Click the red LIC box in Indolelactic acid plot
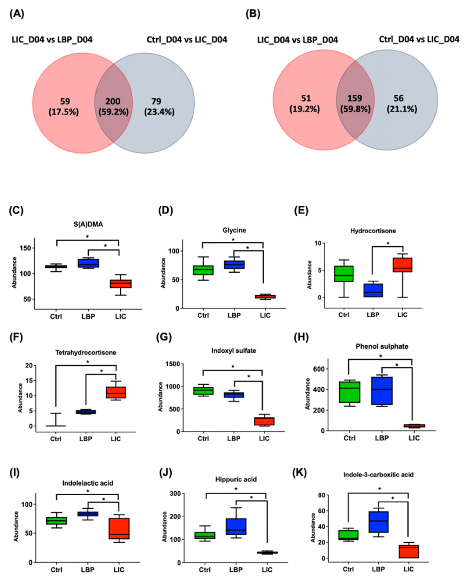119,529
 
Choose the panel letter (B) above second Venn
253,14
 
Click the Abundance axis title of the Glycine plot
163,273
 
